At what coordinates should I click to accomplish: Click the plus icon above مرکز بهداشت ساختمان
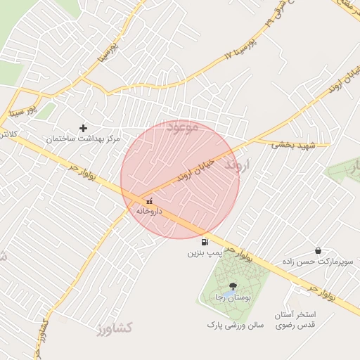coord(84,128)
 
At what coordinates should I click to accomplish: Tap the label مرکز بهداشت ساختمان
coord(84,139)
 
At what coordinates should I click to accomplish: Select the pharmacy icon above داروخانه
coord(148,201)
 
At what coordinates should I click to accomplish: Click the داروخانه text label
coord(149,211)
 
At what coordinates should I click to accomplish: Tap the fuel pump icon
coord(205,241)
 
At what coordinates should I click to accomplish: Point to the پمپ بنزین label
coord(205,252)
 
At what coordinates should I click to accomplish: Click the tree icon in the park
coord(233,285)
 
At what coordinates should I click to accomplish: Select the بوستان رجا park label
coord(229,297)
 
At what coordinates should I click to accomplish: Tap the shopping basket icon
coord(318,250)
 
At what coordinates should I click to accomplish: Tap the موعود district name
coord(184,127)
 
